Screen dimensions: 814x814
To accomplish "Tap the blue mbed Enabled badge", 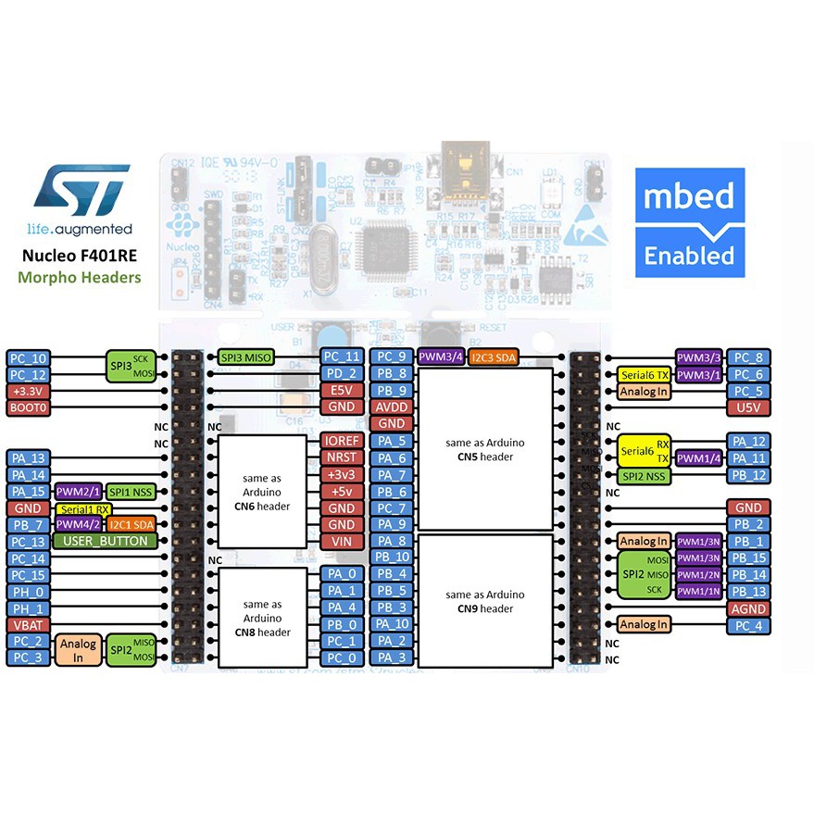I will (x=690, y=223).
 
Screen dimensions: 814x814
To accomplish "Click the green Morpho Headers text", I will (x=82, y=277).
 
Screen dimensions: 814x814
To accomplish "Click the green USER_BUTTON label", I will (x=106, y=542).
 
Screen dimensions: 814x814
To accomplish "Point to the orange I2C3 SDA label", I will (x=494, y=357).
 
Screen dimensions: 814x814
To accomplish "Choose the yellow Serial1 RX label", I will (x=84, y=509).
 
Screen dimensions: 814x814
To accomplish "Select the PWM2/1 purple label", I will (x=77, y=492).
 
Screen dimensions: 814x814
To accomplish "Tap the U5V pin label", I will (x=747, y=408).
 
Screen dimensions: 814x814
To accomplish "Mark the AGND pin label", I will (x=747, y=608).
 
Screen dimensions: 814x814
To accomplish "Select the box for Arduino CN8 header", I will (x=262, y=618).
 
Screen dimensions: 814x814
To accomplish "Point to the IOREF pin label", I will (x=341, y=442).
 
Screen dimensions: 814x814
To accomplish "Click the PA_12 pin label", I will (x=747, y=442).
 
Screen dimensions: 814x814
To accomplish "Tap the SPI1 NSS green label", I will (x=131, y=492).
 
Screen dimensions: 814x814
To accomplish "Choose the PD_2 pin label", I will (x=341, y=374).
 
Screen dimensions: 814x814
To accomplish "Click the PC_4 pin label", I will (x=747, y=625).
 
